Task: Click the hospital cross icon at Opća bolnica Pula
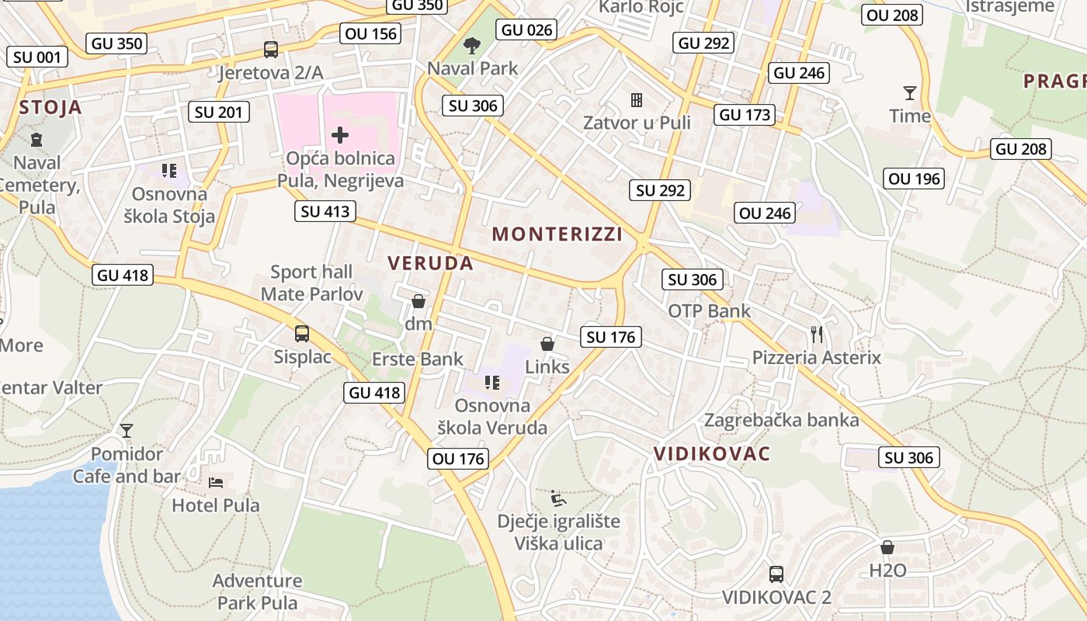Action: (340, 135)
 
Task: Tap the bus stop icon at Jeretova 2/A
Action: (271, 50)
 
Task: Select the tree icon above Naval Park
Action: (471, 46)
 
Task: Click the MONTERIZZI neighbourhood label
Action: (557, 234)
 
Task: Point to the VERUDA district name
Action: (430, 263)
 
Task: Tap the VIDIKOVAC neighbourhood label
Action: (712, 454)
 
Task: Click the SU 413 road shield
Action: (326, 211)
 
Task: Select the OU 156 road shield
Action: (370, 33)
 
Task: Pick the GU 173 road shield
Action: (745, 115)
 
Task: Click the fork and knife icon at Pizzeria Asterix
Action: (816, 335)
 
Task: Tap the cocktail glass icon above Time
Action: (910, 93)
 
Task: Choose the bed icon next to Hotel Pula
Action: (216, 482)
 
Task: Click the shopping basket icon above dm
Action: (418, 301)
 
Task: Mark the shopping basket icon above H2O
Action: (887, 547)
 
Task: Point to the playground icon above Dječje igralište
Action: (557, 498)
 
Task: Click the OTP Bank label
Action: (710, 311)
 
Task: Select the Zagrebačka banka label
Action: (781, 421)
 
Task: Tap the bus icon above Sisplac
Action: (302, 334)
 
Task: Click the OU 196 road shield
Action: (915, 179)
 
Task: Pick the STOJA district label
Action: (50, 107)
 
